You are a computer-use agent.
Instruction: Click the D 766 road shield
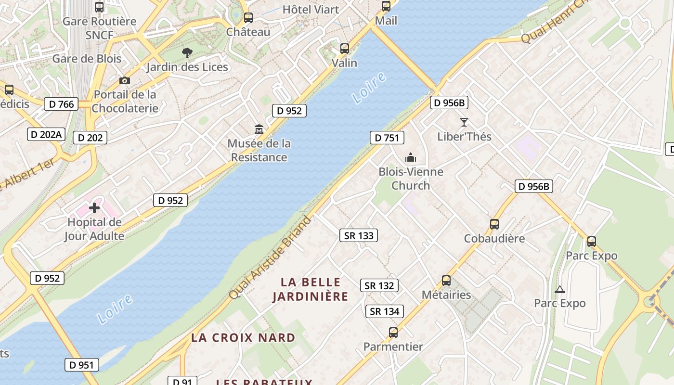coord(61,104)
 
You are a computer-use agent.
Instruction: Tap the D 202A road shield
coord(46,134)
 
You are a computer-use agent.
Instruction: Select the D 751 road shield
coord(387,138)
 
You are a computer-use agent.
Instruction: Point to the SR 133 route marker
coord(359,235)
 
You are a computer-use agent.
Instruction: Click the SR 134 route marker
coord(385,311)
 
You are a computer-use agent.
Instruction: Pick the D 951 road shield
coord(82,365)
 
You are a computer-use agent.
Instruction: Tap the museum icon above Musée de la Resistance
coord(259,129)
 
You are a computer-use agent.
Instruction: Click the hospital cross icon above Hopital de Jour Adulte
coord(94,208)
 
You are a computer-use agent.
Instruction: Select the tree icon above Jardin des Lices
coord(187,52)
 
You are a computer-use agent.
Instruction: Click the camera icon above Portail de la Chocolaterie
coord(125,80)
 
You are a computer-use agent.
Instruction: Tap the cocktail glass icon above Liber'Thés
coord(464,122)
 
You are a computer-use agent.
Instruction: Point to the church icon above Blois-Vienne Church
coord(410,157)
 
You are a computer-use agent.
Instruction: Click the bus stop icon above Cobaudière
coord(494,224)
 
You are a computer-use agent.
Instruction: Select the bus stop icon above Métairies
coord(446,280)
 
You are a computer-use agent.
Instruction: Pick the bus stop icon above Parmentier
coord(393,332)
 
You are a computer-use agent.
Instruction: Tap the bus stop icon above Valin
coord(345,48)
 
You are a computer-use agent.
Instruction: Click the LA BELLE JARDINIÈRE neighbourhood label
coord(311,289)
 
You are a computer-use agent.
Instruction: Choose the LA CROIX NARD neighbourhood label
coord(243,337)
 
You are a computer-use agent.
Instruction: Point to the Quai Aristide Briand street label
coord(270,257)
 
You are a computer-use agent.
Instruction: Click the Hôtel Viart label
coord(311,9)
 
